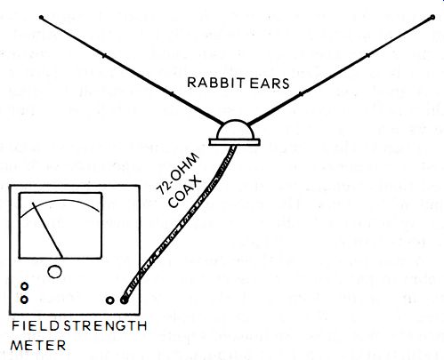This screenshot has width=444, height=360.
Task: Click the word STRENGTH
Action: coord(106,326)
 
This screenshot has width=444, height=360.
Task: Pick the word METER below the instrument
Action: coord(38,346)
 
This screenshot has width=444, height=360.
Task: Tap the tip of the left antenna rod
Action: coord(41,18)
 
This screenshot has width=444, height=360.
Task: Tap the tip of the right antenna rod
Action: coord(432,17)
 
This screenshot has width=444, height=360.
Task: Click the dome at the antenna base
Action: coord(235,130)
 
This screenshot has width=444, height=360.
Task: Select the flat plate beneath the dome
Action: coord(234,142)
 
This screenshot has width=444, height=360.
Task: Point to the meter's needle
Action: coord(47,230)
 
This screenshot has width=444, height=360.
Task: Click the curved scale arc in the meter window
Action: coord(61,201)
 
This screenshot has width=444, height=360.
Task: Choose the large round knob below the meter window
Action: coord(54,271)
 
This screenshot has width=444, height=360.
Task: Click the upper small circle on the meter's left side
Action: coord(25,286)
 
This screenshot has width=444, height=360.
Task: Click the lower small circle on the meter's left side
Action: coord(24,300)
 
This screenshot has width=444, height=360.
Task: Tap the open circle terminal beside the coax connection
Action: coord(109,300)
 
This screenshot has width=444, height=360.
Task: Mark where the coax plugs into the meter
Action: coord(124,300)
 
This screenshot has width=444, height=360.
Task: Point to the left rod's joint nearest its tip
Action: coord(103,55)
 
